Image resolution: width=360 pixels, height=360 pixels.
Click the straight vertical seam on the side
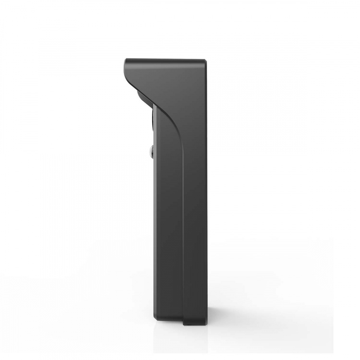coord(183,216)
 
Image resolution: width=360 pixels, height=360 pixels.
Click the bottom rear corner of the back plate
coord(206,323)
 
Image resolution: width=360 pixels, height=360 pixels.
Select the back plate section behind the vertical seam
coord(195,216)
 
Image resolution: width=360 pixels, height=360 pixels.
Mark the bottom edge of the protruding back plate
coord(195,324)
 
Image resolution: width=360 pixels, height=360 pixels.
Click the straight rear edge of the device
coord(207,192)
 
